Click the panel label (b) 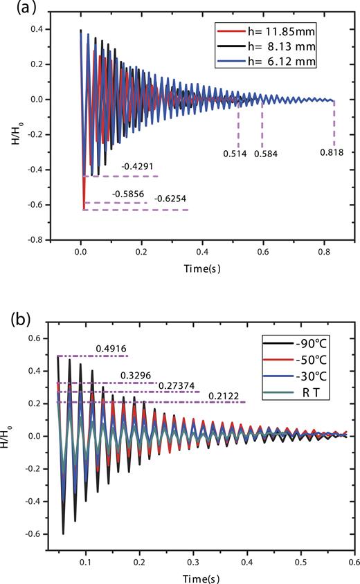point(15,323)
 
